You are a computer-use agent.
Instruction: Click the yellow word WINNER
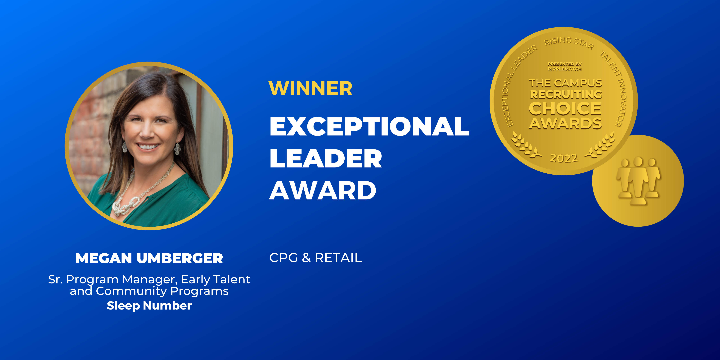click(x=310, y=88)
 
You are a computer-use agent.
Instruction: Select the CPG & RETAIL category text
click(x=315, y=258)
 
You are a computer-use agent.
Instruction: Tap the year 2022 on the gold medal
click(x=563, y=158)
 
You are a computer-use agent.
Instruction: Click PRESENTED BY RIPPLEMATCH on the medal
click(x=565, y=67)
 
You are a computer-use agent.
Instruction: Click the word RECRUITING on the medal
click(x=566, y=94)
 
